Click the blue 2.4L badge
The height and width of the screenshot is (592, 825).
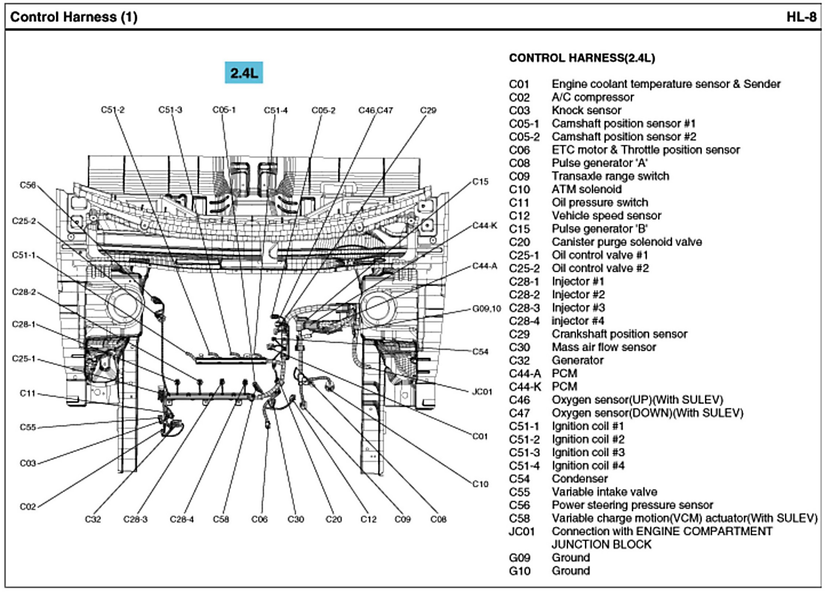coord(244,73)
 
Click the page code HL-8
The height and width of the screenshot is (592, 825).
coord(802,17)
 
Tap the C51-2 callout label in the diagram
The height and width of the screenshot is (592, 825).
coord(113,110)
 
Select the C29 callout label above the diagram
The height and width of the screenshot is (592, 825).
coord(428,110)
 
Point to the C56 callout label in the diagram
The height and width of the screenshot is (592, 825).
coord(28,185)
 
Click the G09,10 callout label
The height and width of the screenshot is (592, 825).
coord(486,309)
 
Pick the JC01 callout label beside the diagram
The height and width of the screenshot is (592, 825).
coord(482,392)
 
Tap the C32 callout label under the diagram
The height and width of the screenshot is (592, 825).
coord(93,519)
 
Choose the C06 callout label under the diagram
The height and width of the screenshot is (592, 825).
coord(259,519)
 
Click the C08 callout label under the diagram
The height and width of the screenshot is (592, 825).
coord(438,519)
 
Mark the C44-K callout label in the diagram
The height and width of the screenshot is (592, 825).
coord(485,226)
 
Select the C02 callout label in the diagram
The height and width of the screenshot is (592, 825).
coord(28,507)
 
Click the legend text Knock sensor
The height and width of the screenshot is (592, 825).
coord(586,110)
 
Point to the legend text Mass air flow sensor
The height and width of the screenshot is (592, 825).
coord(604,347)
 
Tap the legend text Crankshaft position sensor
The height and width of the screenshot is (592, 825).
coord(619,334)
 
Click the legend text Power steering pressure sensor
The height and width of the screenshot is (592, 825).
coord(632,505)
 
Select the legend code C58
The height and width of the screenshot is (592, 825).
coord(519,518)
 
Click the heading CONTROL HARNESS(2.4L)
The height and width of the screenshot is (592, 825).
coord(582,58)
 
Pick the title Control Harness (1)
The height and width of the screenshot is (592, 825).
coord(74,17)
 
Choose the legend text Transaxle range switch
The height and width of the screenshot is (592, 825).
coord(610,176)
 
